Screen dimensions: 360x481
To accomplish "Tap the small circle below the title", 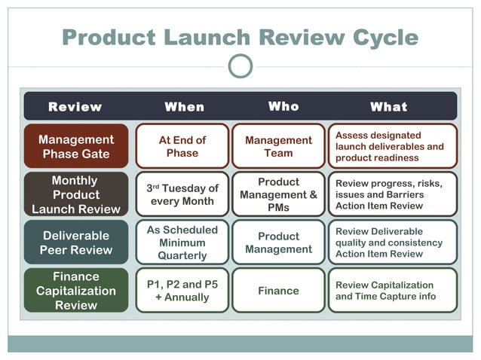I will tap(240, 67).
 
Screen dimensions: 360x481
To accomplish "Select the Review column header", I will tap(75, 107).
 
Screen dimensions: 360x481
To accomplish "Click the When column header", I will tap(184, 107).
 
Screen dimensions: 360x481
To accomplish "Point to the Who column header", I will tap(283, 107).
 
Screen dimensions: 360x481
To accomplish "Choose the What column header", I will tap(388, 107).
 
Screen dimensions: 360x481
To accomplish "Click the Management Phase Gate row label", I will tap(76, 146).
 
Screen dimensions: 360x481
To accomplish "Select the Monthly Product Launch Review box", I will tap(76, 194).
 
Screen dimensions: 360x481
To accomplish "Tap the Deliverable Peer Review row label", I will tap(76, 243).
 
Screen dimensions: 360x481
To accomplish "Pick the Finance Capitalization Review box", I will tap(76, 290).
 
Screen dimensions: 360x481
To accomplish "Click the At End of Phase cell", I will tap(182, 146).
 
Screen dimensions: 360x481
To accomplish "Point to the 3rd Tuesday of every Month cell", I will tap(182, 194).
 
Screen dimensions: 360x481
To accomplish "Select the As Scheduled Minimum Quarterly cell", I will tap(182, 243).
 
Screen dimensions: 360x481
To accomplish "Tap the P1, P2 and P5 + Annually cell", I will tap(182, 290).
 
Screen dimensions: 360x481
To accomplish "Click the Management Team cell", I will tap(278, 146).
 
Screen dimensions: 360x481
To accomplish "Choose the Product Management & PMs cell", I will tap(278, 194).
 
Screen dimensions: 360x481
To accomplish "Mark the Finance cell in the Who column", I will tap(278, 290).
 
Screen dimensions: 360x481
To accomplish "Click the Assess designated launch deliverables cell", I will tap(392, 146).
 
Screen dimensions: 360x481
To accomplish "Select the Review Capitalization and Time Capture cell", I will tap(392, 290).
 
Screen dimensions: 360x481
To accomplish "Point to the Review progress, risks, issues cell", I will tap(392, 194).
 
